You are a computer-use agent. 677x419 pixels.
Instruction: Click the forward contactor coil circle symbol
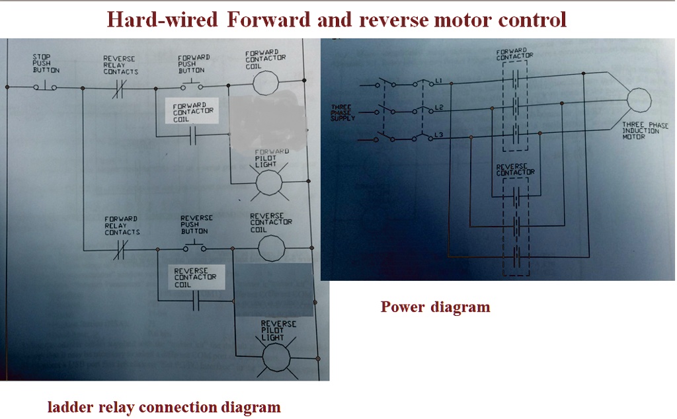click(268, 85)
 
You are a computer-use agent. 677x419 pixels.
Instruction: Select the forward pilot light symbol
click(268, 182)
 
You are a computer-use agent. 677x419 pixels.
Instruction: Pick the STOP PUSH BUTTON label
click(46, 63)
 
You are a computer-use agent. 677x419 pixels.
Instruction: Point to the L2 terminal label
click(438, 107)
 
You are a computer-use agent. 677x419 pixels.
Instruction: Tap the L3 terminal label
click(438, 135)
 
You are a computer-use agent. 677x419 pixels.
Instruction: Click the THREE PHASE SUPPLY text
click(342, 112)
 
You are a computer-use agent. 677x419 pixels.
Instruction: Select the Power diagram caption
click(435, 307)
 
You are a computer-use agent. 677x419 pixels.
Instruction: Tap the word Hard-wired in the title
click(162, 20)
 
